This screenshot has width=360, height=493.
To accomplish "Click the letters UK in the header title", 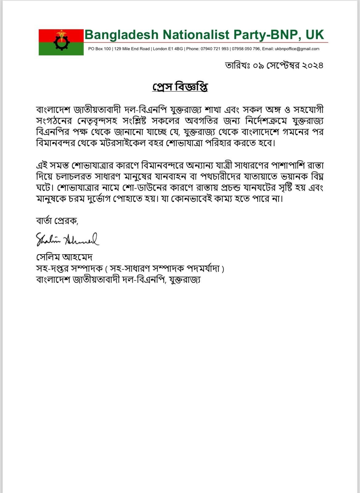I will [x=315, y=35].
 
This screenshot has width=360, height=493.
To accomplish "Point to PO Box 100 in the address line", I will [x=99, y=49].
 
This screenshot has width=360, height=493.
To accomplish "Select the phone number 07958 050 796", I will [x=246, y=49].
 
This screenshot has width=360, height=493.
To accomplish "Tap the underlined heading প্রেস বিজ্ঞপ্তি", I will [x=180, y=87].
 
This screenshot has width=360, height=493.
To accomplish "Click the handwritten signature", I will [x=67, y=239].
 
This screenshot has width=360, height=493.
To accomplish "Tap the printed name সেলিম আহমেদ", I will [x=64, y=257].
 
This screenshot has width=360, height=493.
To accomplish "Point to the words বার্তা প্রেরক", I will [x=57, y=221].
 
